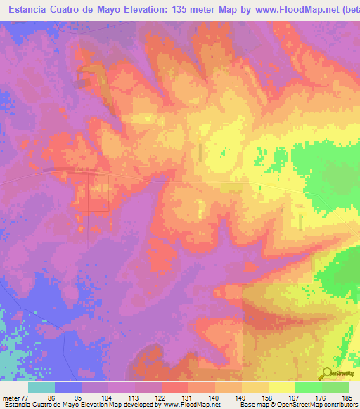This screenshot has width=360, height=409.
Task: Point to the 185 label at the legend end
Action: (x=346, y=398)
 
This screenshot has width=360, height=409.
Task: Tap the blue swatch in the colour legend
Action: (x=68, y=387)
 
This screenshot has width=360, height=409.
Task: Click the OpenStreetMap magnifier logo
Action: (x=328, y=374)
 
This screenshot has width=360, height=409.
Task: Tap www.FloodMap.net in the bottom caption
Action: (x=191, y=405)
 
